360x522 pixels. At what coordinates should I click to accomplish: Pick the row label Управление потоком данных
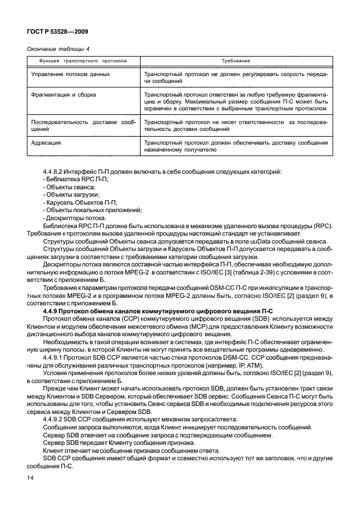pos(68,74)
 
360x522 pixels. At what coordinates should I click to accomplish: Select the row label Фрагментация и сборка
pos(63,93)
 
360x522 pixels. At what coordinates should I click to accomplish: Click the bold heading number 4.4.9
pos(53,309)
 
